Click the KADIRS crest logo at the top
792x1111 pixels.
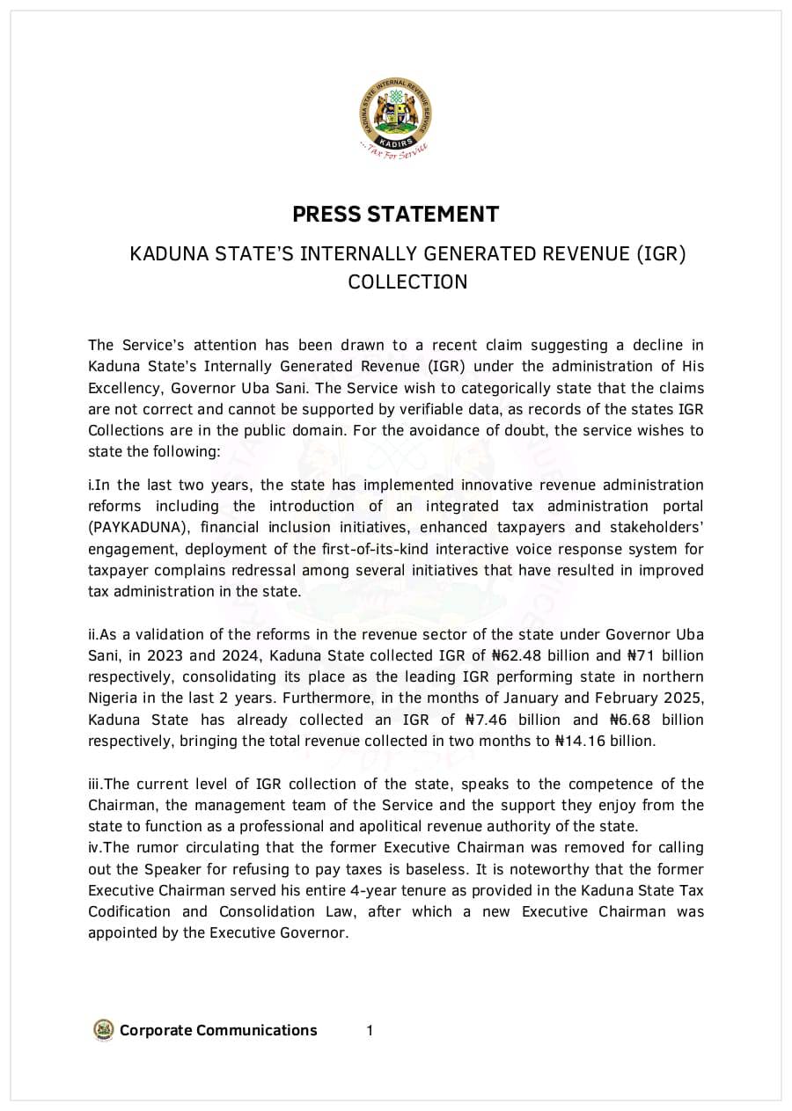(395, 114)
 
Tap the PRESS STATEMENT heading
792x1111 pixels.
(395, 214)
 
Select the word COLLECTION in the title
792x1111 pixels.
(407, 281)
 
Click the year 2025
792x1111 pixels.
(686, 698)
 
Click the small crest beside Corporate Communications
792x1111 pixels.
(104, 1030)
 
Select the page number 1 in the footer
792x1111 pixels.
(370, 1030)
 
